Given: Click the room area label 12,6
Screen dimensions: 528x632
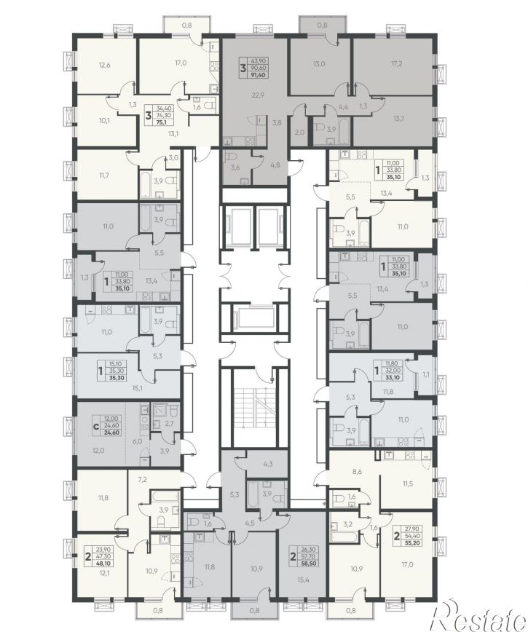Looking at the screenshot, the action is click(x=104, y=63).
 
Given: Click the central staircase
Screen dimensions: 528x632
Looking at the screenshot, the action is click(x=255, y=404).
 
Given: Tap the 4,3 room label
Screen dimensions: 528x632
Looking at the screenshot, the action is click(x=268, y=464).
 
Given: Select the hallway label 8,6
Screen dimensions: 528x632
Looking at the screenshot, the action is click(x=357, y=471).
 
